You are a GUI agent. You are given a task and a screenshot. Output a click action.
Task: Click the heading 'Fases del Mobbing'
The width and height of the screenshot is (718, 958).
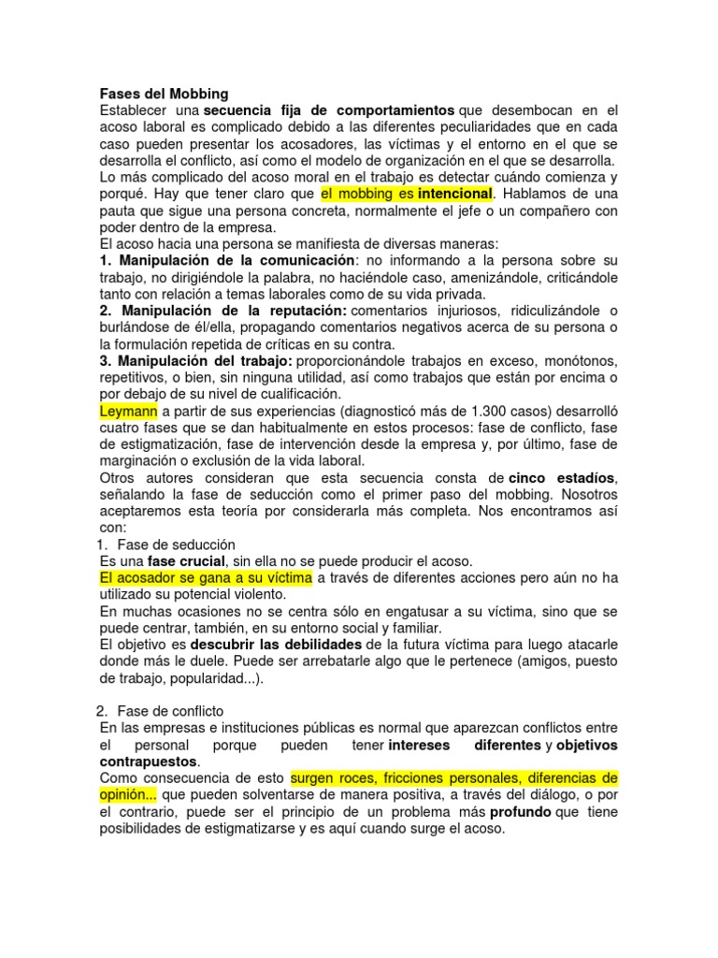pyautogui.click(x=164, y=94)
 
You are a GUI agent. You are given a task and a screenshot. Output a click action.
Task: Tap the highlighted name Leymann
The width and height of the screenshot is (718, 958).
pyautogui.click(x=130, y=411)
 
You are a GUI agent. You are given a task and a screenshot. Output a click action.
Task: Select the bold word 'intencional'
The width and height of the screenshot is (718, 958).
pyautogui.click(x=454, y=194)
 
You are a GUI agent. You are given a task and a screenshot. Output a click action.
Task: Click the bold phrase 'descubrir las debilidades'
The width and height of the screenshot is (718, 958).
pyautogui.click(x=276, y=645)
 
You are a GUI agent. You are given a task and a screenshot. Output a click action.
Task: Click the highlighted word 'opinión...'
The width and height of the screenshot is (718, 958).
pyautogui.click(x=128, y=794)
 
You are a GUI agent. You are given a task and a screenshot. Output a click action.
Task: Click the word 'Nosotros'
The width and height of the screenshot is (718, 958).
pyautogui.click(x=590, y=495)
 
